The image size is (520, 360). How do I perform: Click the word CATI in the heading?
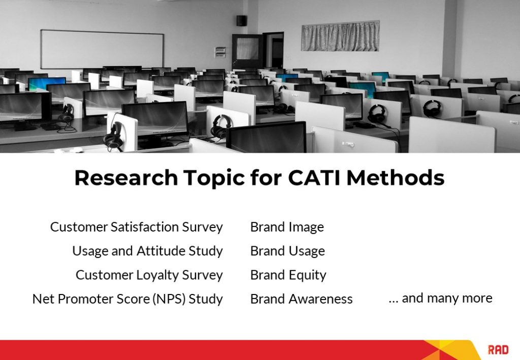314,178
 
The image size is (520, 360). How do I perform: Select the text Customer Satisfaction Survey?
136,227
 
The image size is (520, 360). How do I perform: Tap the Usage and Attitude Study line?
147,251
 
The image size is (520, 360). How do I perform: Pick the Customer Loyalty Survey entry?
149,275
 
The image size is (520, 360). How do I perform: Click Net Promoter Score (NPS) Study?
127,299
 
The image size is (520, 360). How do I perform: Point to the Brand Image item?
287,227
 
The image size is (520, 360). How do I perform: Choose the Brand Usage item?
287,251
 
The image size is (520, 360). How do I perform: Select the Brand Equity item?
288,275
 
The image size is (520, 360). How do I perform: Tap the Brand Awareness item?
301,299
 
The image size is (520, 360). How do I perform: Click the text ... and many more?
440,298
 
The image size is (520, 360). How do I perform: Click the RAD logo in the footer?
498,349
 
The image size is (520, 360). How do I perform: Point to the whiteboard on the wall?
102,49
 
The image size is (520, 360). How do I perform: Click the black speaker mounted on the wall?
241,20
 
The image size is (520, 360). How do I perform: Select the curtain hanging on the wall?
340,36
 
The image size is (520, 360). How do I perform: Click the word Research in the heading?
126,178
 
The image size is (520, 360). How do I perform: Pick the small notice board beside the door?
220,52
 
